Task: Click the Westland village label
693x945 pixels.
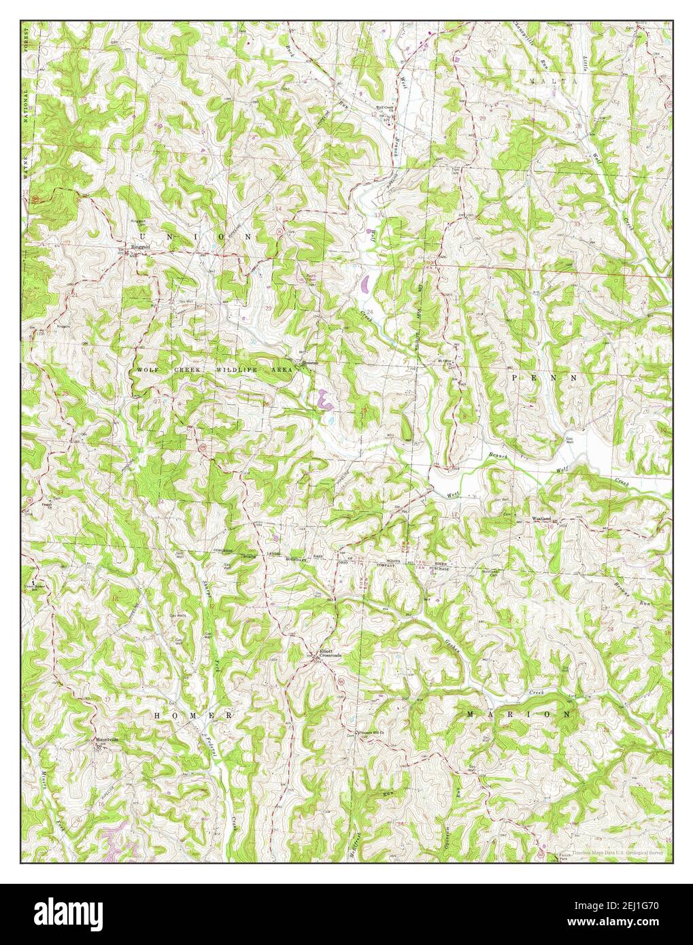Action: [541, 517]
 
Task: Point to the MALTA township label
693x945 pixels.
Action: [554, 80]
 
